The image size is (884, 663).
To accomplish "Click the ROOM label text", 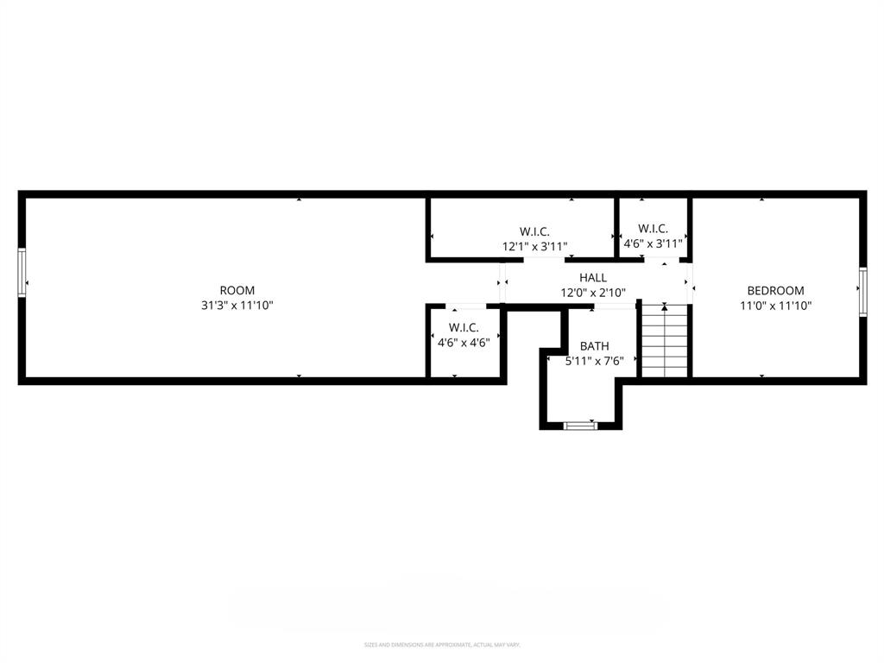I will (x=237, y=291).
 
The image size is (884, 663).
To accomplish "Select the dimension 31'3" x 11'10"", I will (x=237, y=306).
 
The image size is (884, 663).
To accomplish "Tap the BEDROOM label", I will (x=775, y=291).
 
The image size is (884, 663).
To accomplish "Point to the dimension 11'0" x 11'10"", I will (x=775, y=306).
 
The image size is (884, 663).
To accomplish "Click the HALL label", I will (x=592, y=277).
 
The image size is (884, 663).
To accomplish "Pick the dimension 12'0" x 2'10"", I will (x=592, y=293).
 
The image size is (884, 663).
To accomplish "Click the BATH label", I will (x=594, y=346).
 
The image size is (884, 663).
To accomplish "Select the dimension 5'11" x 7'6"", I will (x=594, y=361).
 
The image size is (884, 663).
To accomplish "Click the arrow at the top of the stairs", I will (x=664, y=306).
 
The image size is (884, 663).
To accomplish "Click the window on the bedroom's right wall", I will (x=862, y=292).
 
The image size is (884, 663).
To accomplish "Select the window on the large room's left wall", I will (x=22, y=273).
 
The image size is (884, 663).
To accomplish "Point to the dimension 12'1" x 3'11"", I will (x=534, y=246).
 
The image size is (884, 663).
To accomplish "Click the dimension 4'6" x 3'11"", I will (x=653, y=243).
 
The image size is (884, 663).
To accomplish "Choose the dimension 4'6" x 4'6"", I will (x=464, y=343).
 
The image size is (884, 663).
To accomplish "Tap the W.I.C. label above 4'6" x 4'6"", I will (x=464, y=328).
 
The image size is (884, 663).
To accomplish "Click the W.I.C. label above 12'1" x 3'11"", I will (x=534, y=231).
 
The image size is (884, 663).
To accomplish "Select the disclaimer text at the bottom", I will (x=441, y=645).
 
